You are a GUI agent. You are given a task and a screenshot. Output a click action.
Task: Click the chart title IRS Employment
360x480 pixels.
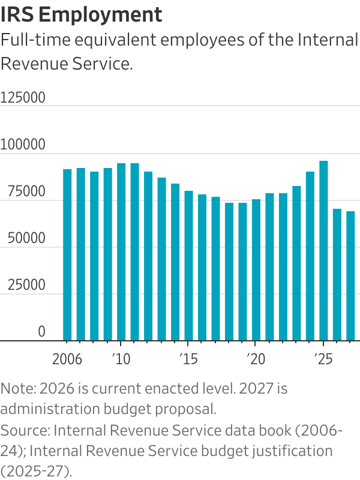[81, 14]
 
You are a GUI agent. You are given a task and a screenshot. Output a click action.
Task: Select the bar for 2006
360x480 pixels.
[67, 255]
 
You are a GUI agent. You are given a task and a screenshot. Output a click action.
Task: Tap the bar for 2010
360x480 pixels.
[121, 252]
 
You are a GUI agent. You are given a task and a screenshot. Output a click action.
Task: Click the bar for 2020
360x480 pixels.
[256, 270]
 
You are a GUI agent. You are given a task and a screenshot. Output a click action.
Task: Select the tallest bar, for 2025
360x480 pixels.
[323, 251]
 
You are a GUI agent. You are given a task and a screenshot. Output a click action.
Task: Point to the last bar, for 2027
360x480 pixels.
[350, 276]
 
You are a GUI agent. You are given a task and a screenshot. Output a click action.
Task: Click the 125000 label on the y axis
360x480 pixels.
[23, 98]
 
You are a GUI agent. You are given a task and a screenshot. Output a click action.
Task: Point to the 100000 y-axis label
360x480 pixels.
[23, 145]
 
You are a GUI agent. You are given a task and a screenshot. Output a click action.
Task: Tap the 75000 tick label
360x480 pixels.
[23, 191]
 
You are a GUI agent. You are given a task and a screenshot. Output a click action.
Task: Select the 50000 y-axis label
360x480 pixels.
[23, 238]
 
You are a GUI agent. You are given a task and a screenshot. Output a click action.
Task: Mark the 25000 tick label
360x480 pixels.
[23, 285]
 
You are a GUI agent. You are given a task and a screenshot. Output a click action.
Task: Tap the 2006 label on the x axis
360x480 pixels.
[67, 360]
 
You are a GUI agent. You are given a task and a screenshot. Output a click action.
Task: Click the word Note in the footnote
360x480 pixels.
[16, 388]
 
